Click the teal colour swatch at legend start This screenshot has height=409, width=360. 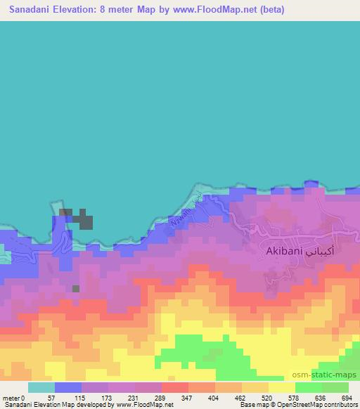click(41, 387)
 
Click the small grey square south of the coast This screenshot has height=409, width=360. click(76, 288)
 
